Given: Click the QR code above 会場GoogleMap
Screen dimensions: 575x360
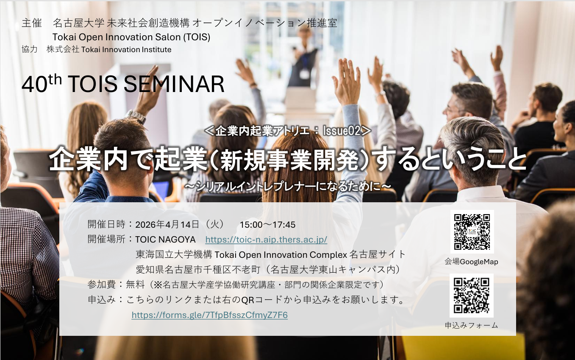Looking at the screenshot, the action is (472, 232).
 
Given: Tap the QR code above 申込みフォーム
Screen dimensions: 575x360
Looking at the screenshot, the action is (471, 296).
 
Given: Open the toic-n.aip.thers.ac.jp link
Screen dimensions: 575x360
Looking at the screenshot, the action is (266, 240).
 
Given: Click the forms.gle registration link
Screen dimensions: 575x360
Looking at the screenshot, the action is (209, 315).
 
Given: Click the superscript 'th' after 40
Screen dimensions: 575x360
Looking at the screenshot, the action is (55, 80).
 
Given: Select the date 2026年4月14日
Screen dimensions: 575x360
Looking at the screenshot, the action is (167, 225).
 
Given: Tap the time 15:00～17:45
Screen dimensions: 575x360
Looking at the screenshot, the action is (267, 225).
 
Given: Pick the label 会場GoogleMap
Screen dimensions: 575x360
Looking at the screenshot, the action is (471, 262).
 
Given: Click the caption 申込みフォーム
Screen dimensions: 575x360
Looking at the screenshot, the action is (471, 325).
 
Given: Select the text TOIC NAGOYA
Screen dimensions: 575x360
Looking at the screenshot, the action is (165, 240).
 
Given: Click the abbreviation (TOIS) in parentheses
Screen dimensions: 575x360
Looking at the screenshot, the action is (197, 37).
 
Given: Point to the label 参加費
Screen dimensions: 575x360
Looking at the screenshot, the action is (102, 285).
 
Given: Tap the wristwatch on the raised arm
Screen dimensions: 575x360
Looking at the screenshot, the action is (136, 116).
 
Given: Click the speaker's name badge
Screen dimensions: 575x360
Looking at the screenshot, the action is (304, 74).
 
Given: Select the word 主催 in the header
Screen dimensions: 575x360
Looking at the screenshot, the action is (32, 23).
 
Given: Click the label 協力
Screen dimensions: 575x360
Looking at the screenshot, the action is (30, 49).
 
